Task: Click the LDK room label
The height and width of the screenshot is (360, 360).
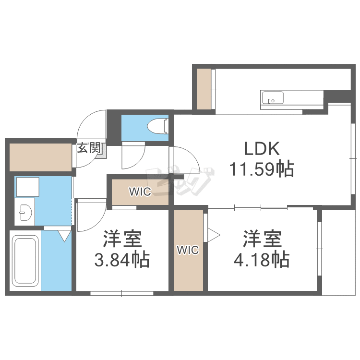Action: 262,148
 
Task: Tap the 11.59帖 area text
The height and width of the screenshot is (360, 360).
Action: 262,169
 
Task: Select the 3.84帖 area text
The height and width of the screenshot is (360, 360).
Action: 122,260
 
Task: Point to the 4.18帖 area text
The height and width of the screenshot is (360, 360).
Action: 262,260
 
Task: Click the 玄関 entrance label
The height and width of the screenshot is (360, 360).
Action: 89,148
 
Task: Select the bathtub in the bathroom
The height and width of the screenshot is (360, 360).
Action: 25,261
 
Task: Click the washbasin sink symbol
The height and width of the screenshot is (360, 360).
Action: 25,212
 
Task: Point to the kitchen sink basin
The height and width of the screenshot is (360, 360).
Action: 273,98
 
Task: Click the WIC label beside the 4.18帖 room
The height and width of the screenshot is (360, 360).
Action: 188,250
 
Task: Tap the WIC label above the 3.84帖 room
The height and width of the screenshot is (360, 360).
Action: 140,192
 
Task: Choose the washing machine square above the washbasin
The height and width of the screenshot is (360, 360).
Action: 27,187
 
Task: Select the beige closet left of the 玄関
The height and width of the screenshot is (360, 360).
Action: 40,157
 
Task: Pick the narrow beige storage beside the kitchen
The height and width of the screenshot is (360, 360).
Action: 204,89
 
